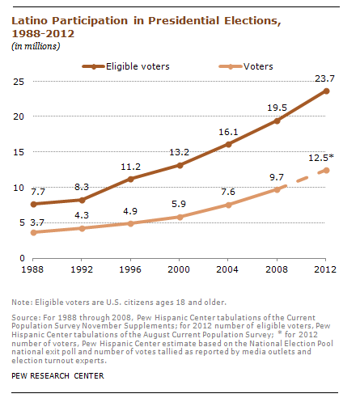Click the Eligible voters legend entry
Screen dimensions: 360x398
point(126,66)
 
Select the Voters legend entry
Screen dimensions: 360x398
point(246,66)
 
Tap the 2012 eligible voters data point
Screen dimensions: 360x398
point(326,91)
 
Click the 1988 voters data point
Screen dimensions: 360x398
point(33,232)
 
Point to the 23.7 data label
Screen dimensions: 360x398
point(324,78)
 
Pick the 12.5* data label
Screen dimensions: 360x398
point(321,158)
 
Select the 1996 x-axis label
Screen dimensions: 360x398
point(130,269)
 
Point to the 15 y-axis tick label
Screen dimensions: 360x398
point(19,152)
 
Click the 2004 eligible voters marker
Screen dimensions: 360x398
point(228,145)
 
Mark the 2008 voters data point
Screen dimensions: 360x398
point(277,189)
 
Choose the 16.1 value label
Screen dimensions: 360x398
point(228,132)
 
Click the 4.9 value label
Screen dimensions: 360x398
point(130,211)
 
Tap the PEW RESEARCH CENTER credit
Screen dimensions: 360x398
point(57,376)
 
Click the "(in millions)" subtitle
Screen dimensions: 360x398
point(36,46)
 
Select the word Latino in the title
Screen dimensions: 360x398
point(30,21)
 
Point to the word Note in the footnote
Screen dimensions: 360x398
point(21,303)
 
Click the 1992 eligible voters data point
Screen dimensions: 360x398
point(82,200)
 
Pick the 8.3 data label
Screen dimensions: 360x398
point(82,187)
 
